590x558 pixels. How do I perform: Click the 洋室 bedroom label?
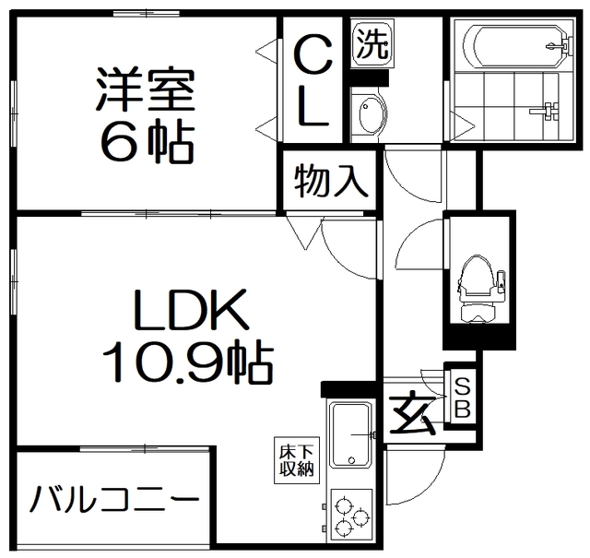pyautogui.click(x=143, y=89)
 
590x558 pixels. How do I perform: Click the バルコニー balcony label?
pyautogui.click(x=113, y=504)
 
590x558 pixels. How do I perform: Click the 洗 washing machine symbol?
pyautogui.click(x=372, y=43)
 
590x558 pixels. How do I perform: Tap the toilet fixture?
pyautogui.click(x=478, y=286)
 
